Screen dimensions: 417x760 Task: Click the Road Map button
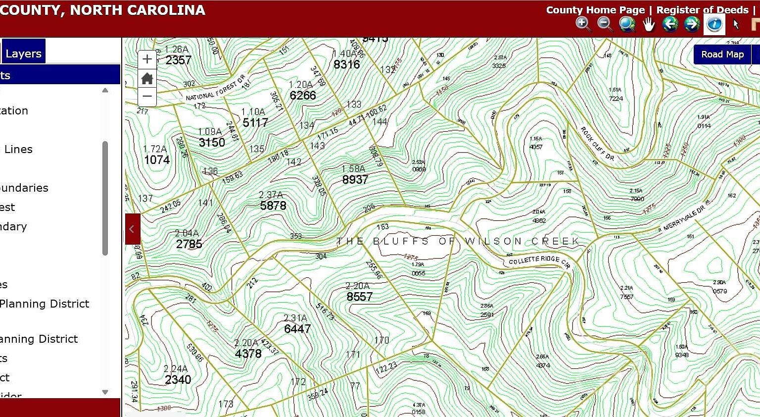tap(722, 54)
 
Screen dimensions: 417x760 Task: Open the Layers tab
tap(23, 53)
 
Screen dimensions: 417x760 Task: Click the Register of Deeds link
tap(702, 10)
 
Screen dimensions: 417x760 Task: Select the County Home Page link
tap(595, 10)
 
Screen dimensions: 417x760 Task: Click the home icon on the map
tap(147, 78)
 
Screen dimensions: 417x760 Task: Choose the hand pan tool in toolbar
tap(648, 24)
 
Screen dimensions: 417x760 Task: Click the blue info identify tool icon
tap(714, 24)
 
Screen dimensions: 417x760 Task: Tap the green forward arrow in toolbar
tap(692, 24)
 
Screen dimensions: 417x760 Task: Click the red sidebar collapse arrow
tap(132, 229)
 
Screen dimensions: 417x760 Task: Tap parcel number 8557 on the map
tap(359, 297)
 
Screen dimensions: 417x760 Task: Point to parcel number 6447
tap(297, 329)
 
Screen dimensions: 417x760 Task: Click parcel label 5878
tap(273, 206)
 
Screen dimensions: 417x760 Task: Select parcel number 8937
tap(355, 180)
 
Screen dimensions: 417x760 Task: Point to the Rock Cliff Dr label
tap(597, 144)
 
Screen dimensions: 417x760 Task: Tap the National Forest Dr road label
tap(215, 89)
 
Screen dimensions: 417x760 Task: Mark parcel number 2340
tap(178, 380)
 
